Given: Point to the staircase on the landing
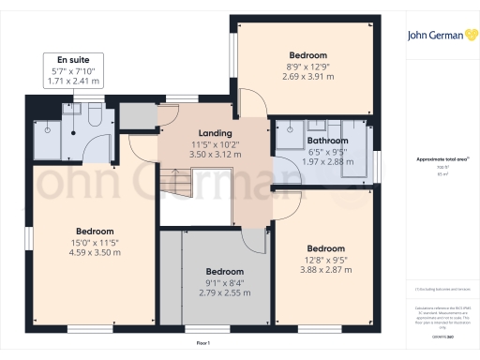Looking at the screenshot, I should click(174, 178).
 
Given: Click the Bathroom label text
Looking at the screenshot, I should click(327, 141).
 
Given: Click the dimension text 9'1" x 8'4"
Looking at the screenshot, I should click(224, 282).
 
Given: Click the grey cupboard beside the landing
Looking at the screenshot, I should click(136, 114).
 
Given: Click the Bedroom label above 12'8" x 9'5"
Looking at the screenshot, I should click(326, 249).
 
